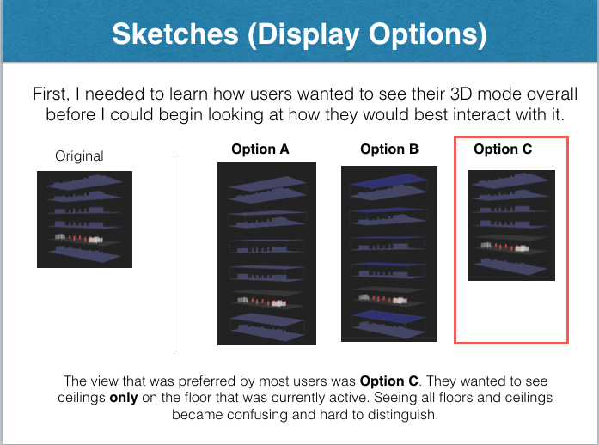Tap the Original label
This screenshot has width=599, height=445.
point(79,155)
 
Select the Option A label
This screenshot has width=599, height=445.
point(260,149)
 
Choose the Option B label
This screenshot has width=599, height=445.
point(389,149)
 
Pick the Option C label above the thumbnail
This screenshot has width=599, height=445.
point(503,149)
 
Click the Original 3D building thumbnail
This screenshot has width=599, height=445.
point(84,219)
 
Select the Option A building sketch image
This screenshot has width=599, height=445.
point(266,253)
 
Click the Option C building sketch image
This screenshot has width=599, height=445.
point(510,225)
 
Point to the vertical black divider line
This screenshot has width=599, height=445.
point(174,253)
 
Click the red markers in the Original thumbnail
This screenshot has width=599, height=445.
point(78,238)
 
